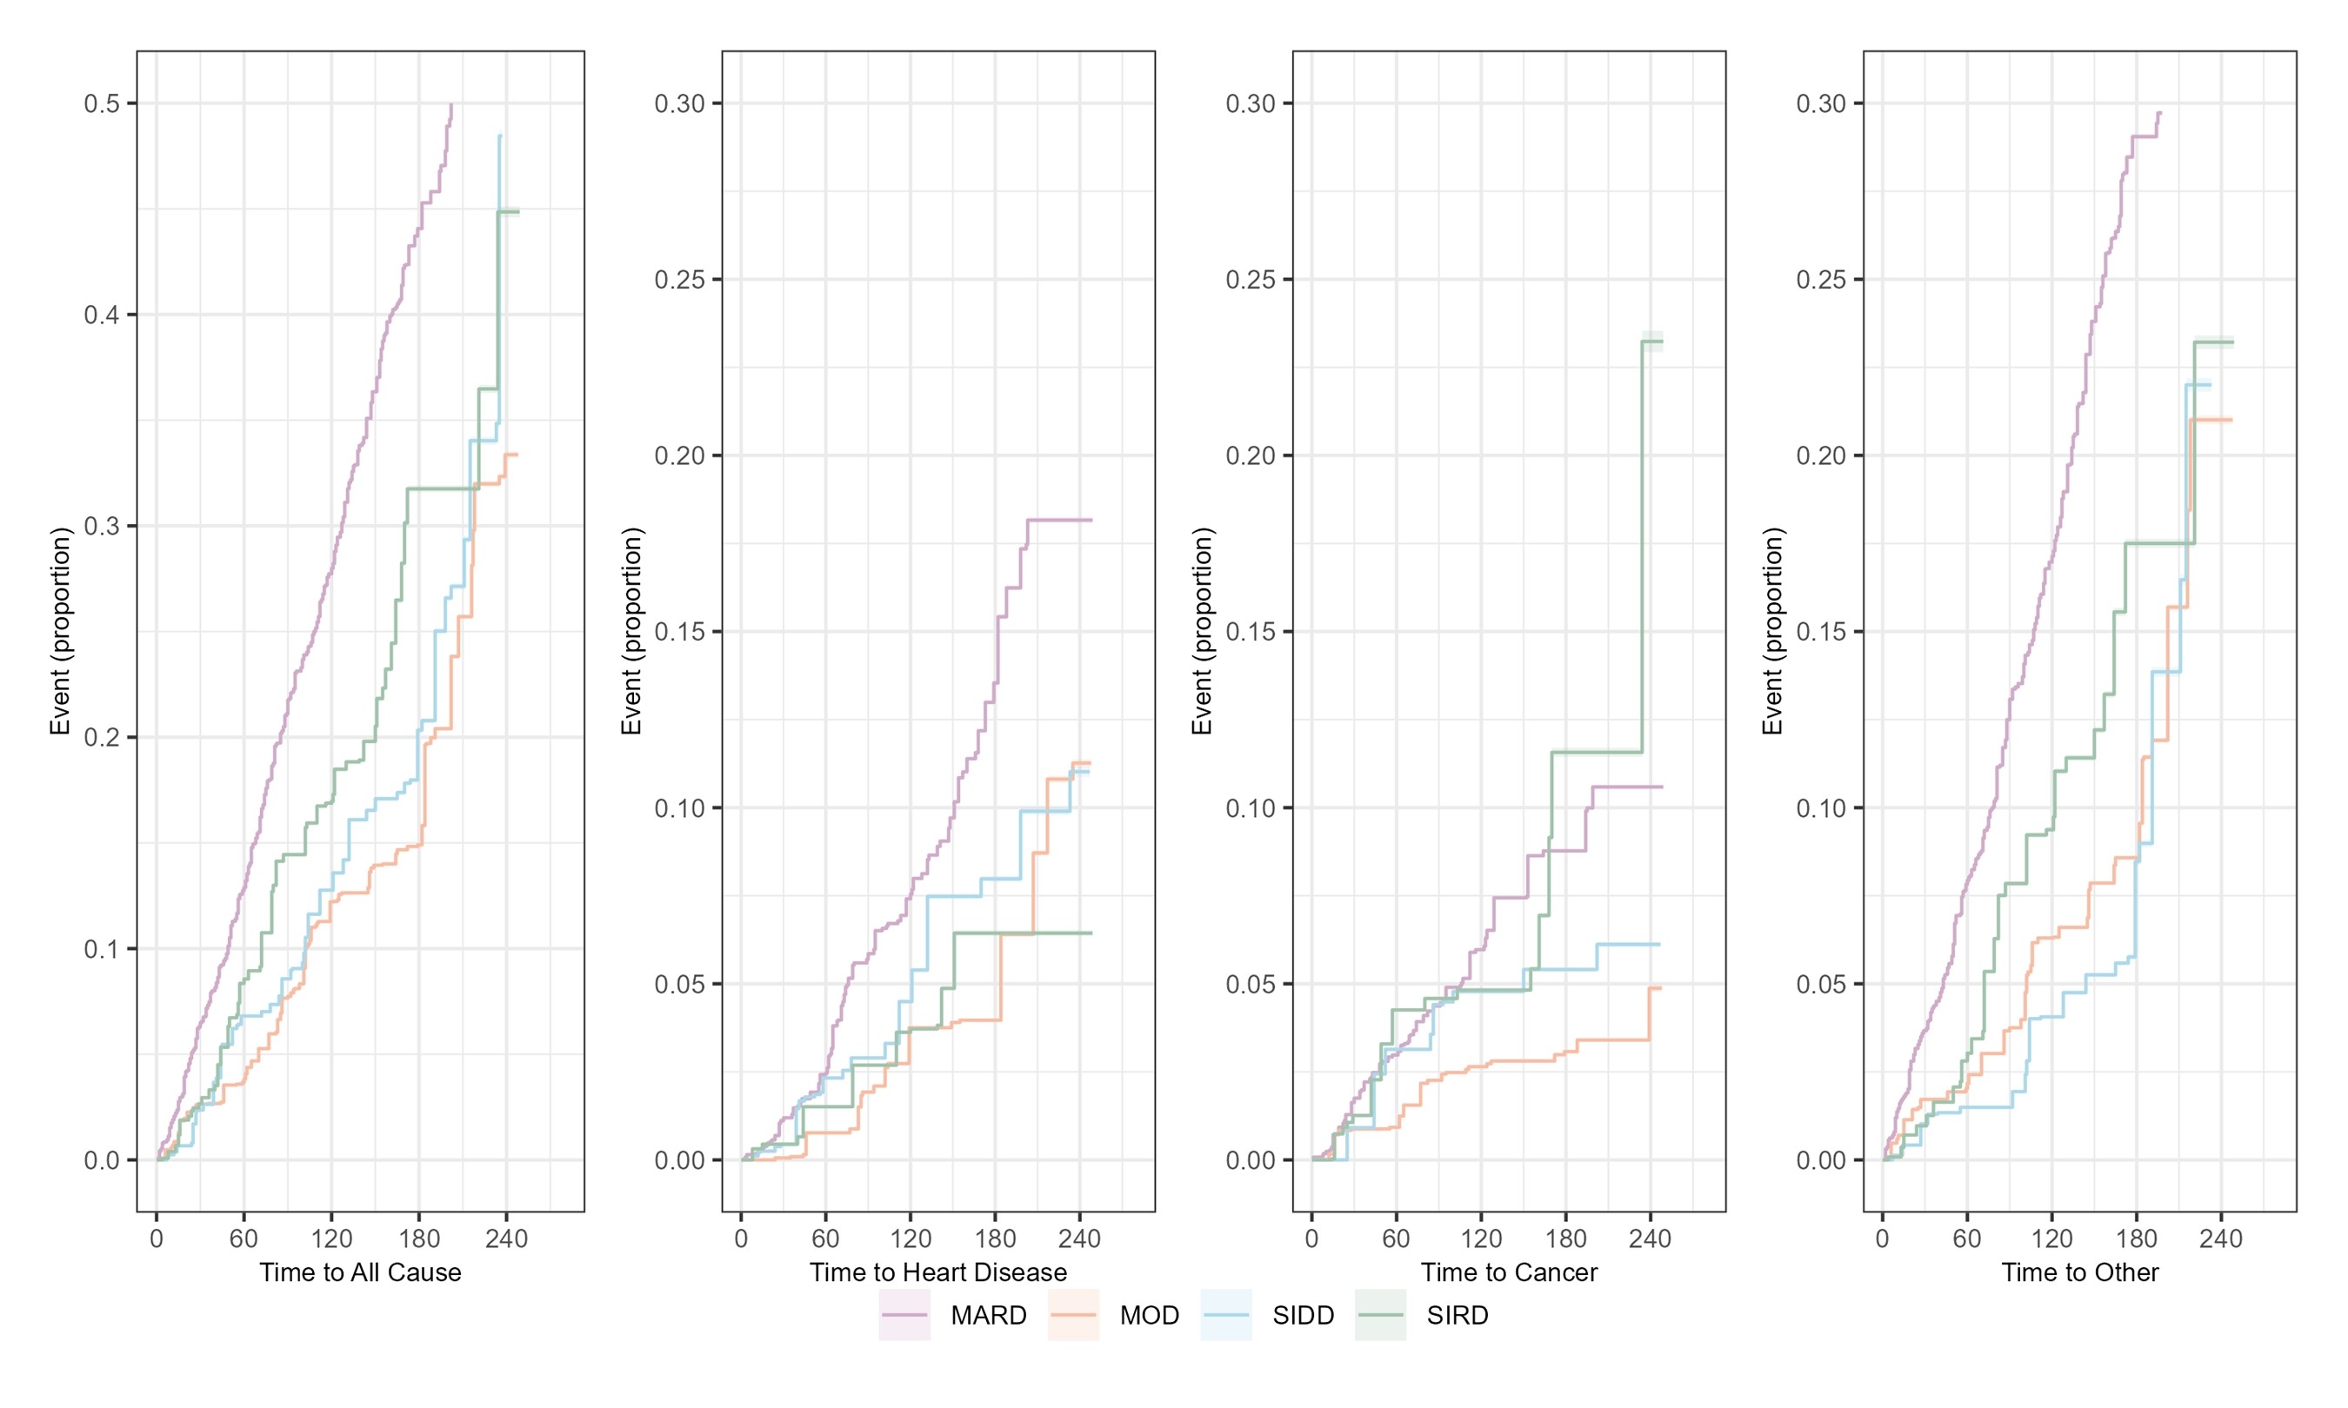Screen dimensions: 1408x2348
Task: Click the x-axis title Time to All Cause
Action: (360, 1272)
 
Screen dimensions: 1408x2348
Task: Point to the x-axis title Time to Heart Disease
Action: (937, 1272)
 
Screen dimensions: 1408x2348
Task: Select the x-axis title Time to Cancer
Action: (1508, 1272)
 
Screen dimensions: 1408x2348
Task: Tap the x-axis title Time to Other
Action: (2079, 1272)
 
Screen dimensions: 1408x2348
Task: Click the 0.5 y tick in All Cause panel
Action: (102, 103)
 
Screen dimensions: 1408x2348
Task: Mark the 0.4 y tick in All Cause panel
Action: (102, 315)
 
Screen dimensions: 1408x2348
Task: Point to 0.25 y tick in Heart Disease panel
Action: (679, 280)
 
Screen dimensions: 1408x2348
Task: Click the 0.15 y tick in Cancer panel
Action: (1250, 632)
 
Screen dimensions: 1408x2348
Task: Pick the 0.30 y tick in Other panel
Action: (1820, 103)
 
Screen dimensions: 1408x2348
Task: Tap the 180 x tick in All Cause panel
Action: (418, 1239)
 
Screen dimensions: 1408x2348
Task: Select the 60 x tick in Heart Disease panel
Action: (824, 1239)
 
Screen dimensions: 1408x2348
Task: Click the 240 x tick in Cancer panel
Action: (1650, 1239)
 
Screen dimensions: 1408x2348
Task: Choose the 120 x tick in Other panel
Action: (2051, 1239)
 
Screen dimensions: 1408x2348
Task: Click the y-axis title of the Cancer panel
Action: (1202, 631)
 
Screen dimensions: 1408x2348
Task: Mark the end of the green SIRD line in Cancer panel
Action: (1662, 341)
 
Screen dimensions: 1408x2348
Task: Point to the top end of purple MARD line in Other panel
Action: (2160, 113)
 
